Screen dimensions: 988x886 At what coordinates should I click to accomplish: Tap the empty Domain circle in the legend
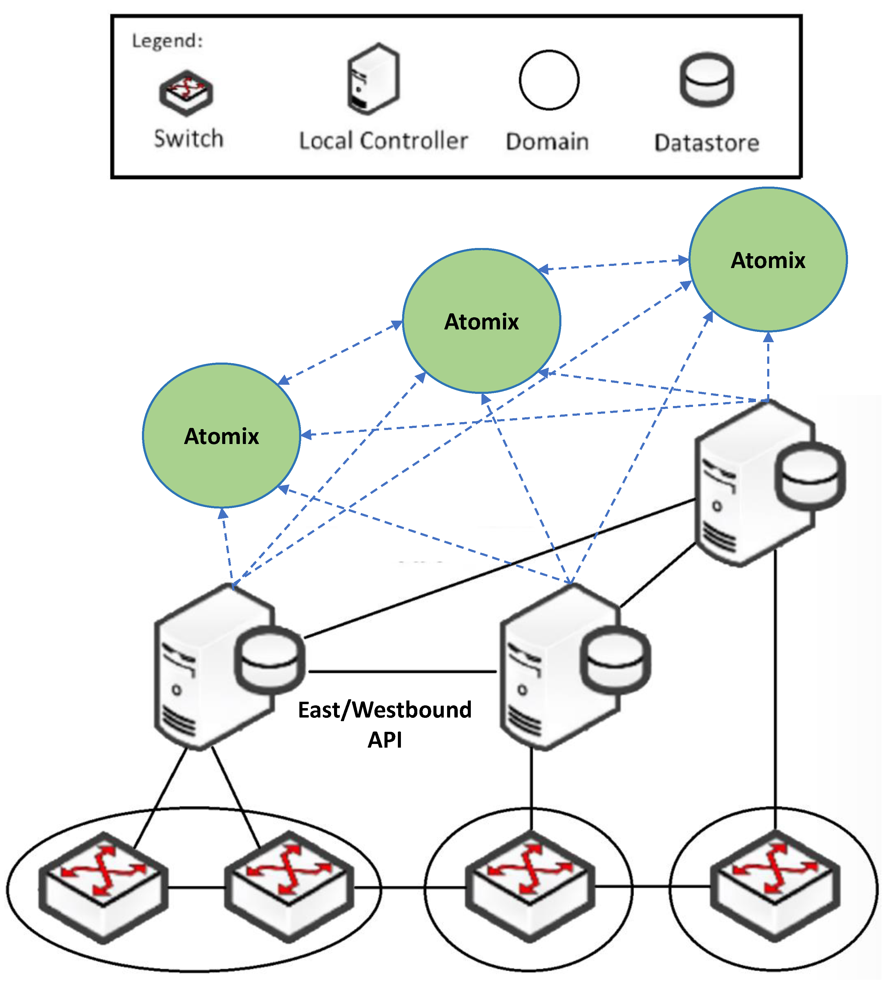tap(549, 80)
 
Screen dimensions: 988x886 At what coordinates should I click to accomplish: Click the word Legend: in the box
tap(167, 41)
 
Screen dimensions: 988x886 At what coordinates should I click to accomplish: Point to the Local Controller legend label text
tap(383, 141)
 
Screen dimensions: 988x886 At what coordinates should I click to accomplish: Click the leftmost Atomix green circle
tap(222, 435)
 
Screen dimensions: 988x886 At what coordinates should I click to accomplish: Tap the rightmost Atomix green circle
tap(768, 260)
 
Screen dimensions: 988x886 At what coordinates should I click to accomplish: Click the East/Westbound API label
tap(384, 724)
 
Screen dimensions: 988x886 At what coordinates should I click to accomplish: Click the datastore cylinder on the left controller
tap(269, 659)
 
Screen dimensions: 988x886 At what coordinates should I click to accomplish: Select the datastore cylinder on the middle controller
tap(615, 659)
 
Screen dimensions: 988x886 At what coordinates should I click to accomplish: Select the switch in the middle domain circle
tap(530, 886)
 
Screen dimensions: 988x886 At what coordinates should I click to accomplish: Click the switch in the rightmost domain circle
tap(775, 886)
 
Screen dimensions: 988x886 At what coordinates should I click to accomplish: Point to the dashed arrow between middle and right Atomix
tap(613, 265)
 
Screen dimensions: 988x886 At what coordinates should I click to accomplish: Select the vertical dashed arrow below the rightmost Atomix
tap(768, 367)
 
